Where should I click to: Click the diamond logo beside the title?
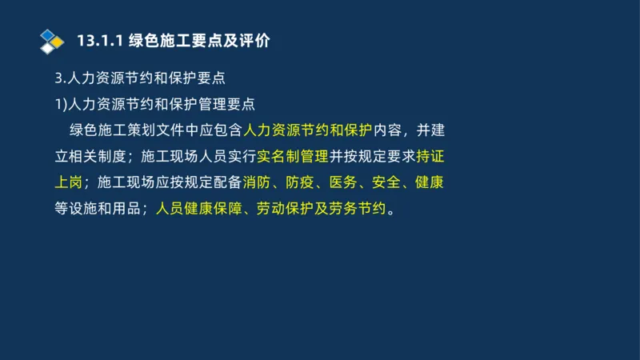52,41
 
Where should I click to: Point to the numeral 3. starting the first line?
58,78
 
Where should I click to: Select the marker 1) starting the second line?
59,104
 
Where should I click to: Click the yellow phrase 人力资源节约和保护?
307,130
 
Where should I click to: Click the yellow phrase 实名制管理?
293,156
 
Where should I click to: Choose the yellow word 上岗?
68,182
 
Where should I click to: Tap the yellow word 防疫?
300,182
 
